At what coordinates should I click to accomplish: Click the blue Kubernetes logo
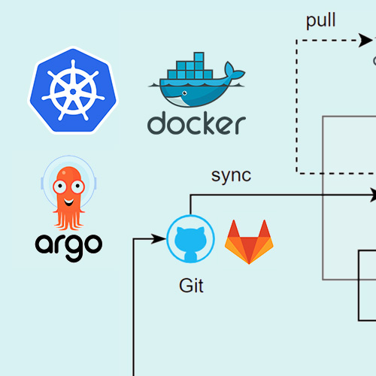click(73, 90)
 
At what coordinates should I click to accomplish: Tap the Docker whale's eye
click(185, 93)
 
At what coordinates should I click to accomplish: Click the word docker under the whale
click(196, 123)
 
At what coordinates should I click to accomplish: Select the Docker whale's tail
click(234, 70)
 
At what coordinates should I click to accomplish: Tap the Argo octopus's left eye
click(59, 186)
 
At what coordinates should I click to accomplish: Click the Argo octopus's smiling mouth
click(68, 202)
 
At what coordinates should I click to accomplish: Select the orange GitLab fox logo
click(249, 242)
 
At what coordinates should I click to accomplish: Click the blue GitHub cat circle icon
click(190, 239)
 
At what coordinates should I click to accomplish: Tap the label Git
click(191, 286)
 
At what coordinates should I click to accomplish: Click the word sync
click(231, 175)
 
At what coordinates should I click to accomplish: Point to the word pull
click(320, 20)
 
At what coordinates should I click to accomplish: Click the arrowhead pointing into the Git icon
click(159, 238)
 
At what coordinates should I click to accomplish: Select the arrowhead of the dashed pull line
click(365, 40)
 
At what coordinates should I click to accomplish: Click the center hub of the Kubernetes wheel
click(73, 92)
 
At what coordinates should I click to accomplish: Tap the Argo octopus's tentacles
click(68, 220)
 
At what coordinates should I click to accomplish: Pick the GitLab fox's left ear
click(234, 229)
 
